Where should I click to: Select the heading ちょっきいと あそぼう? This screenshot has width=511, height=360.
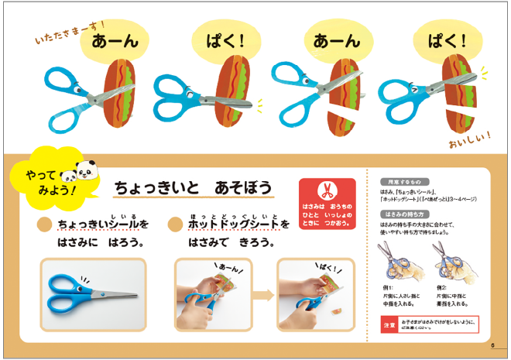(x=193, y=187)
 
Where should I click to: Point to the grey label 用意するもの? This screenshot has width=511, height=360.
(x=402, y=181)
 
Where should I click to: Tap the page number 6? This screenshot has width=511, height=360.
(x=492, y=345)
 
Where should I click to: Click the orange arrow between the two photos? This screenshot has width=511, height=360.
(x=262, y=294)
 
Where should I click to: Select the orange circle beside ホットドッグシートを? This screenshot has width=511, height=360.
(x=176, y=225)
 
